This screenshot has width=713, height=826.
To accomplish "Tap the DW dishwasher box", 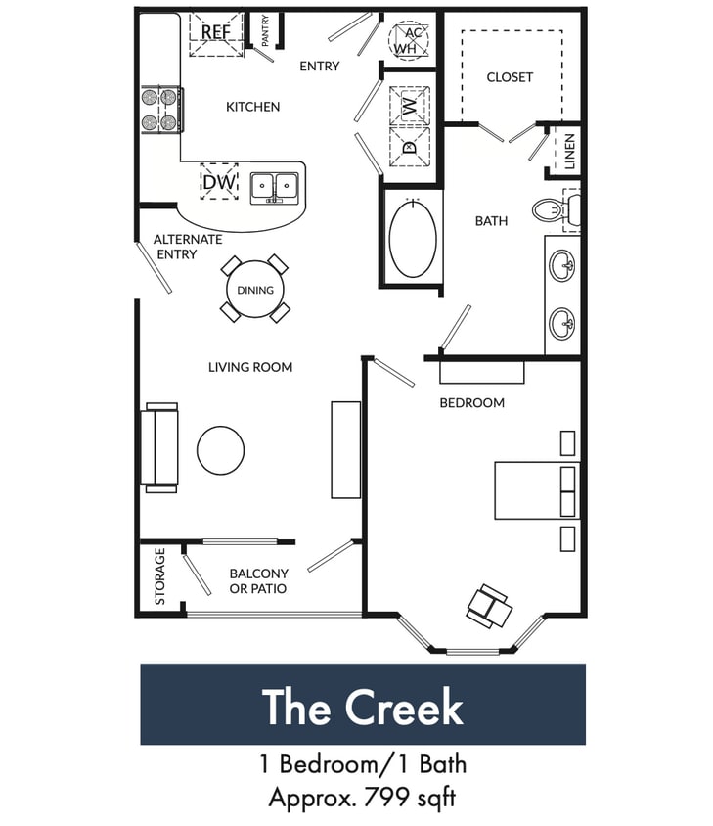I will coord(219,181).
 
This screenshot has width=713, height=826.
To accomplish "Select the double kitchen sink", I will coord(274,186).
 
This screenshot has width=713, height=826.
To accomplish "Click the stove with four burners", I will coord(162,110).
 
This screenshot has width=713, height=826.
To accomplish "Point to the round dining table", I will coord(254,290).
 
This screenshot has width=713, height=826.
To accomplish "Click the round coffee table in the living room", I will coord(220,450).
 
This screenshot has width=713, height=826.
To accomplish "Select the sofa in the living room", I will coord(160,445).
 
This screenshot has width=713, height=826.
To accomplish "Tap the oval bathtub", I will coord(415,238).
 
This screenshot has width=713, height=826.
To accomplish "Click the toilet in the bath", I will coord(554,208).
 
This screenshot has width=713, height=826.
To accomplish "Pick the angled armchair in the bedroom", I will coord(489,606).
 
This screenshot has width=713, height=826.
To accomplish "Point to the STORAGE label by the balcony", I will coord(160,576).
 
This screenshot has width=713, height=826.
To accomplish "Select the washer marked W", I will coord(409,102).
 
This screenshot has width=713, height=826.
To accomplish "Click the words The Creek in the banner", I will coord(363,707).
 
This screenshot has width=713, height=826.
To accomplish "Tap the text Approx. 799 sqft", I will coord(363,798).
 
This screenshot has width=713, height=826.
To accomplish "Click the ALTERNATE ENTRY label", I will coord(188,247).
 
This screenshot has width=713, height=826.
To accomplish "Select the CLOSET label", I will coord(510,76).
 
